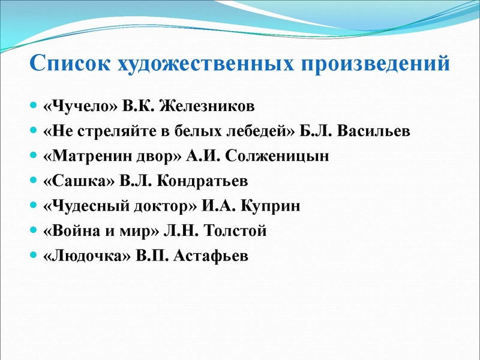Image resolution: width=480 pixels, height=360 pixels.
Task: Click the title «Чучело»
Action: point(79,107)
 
